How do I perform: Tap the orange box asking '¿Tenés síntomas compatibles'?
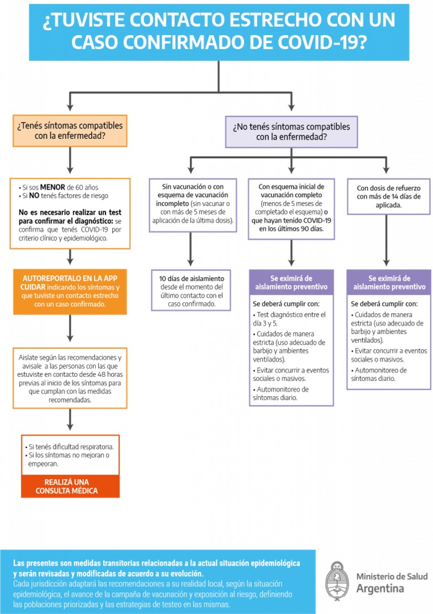click(69, 130)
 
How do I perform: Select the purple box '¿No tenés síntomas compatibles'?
click(291, 132)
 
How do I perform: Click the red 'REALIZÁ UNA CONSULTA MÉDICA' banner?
click(70, 486)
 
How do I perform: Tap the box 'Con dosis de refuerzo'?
click(388, 196)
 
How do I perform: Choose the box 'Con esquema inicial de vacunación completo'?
click(291, 207)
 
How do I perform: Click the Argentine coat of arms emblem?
click(337, 582)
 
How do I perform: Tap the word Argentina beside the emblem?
click(380, 588)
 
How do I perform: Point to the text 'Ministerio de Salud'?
click(392, 576)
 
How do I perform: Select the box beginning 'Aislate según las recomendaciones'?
click(70, 378)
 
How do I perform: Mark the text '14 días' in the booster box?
click(405, 197)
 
